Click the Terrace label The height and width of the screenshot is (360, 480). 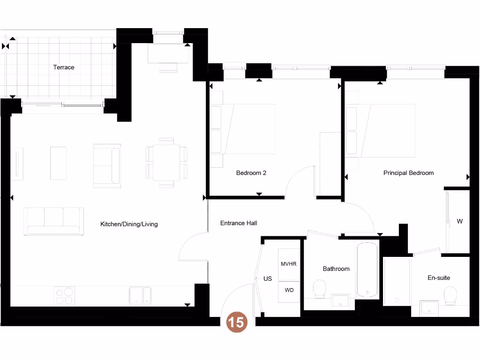coord(64,67)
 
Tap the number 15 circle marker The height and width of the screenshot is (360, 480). coord(237,322)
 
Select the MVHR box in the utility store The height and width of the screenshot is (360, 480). coord(289,264)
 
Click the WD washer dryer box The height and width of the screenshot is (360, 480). coord(289,291)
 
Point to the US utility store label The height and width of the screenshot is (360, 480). coord(268,279)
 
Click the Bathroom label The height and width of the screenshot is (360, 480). coord(336,269)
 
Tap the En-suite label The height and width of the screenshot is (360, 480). coord(439,278)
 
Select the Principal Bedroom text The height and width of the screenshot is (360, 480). coord(408,173)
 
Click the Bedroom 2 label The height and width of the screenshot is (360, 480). coord(251,173)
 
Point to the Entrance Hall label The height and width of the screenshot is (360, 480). coord(239,223)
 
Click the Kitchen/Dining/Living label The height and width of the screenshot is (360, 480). coord(129,225)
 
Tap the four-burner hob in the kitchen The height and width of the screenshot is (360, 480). coord(64,296)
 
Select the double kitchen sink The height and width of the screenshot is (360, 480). coord(140,295)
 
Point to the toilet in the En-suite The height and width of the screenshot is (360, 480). coord(450,296)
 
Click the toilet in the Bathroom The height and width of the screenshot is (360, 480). coord(320,289)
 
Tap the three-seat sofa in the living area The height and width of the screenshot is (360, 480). coord(53,221)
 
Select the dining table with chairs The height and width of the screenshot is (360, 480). coord(166,163)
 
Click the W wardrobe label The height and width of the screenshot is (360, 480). coord(460,221)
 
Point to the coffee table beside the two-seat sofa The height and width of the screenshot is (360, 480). coord(58,163)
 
